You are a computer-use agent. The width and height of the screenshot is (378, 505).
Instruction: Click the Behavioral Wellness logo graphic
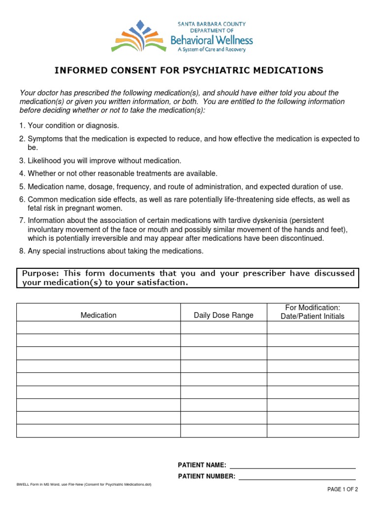point(139,36)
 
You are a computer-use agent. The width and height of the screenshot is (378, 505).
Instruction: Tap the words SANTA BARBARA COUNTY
point(212,24)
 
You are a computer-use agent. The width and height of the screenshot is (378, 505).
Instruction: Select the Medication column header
point(98,315)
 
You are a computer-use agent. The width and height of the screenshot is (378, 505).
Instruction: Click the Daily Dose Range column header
point(223,315)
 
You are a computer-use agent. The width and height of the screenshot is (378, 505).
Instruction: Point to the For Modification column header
point(313,312)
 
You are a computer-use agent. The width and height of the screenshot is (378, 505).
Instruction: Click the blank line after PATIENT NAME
point(292,465)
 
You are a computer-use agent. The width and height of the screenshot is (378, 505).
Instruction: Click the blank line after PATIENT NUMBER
point(297,476)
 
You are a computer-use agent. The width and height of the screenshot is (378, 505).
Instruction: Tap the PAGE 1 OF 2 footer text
point(343,490)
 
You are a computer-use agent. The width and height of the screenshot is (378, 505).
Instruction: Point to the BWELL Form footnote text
point(84,484)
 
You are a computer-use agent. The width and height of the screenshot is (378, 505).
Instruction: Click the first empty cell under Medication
point(98,327)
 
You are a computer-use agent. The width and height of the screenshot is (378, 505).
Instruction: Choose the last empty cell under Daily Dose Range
point(223,431)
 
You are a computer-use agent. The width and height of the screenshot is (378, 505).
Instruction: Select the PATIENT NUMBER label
point(207,476)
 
